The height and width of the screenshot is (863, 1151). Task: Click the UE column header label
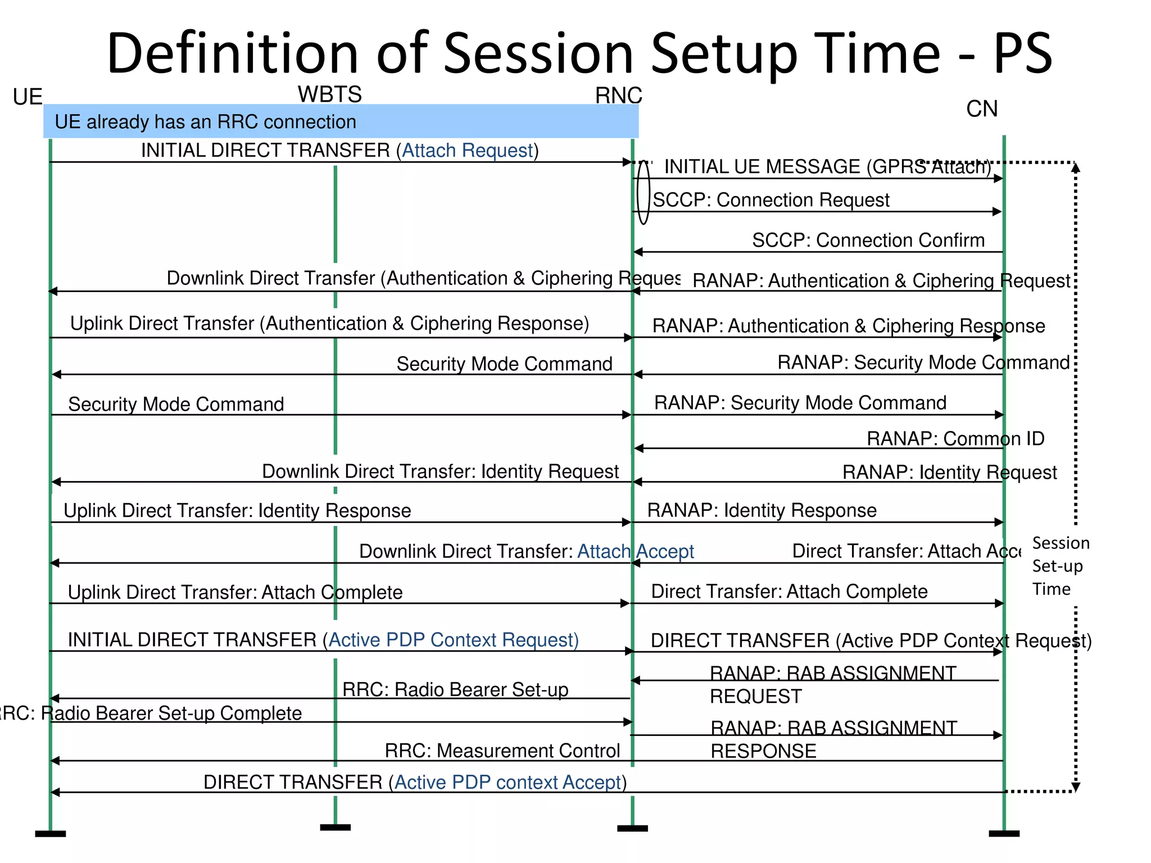(x=28, y=97)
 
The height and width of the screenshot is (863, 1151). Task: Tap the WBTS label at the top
(x=329, y=94)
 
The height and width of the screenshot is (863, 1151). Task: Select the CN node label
(x=981, y=109)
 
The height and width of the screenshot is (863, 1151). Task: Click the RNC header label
(x=618, y=96)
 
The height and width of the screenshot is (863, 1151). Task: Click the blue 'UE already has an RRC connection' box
(x=341, y=121)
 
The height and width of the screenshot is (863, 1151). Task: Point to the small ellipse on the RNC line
(x=644, y=192)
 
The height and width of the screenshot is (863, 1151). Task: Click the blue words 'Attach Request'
(x=467, y=151)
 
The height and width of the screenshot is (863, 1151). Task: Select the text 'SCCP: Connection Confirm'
(x=868, y=240)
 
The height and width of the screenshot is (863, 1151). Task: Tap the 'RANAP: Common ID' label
(x=955, y=439)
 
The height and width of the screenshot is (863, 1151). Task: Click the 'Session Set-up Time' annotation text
(x=1060, y=566)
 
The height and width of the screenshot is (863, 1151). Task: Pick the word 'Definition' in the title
(x=232, y=53)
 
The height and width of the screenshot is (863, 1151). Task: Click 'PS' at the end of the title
(x=1022, y=53)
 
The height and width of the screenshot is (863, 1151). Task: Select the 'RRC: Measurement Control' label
(x=502, y=751)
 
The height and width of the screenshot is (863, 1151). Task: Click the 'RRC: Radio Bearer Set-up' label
(x=455, y=689)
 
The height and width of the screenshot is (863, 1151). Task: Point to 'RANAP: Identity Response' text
(x=762, y=510)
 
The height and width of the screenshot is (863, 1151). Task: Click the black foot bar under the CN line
(x=1004, y=834)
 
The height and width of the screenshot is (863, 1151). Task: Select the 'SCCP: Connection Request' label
(x=771, y=200)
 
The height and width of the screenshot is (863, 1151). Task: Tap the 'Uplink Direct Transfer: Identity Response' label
(x=237, y=511)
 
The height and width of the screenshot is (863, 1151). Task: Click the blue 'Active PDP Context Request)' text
(x=454, y=640)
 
